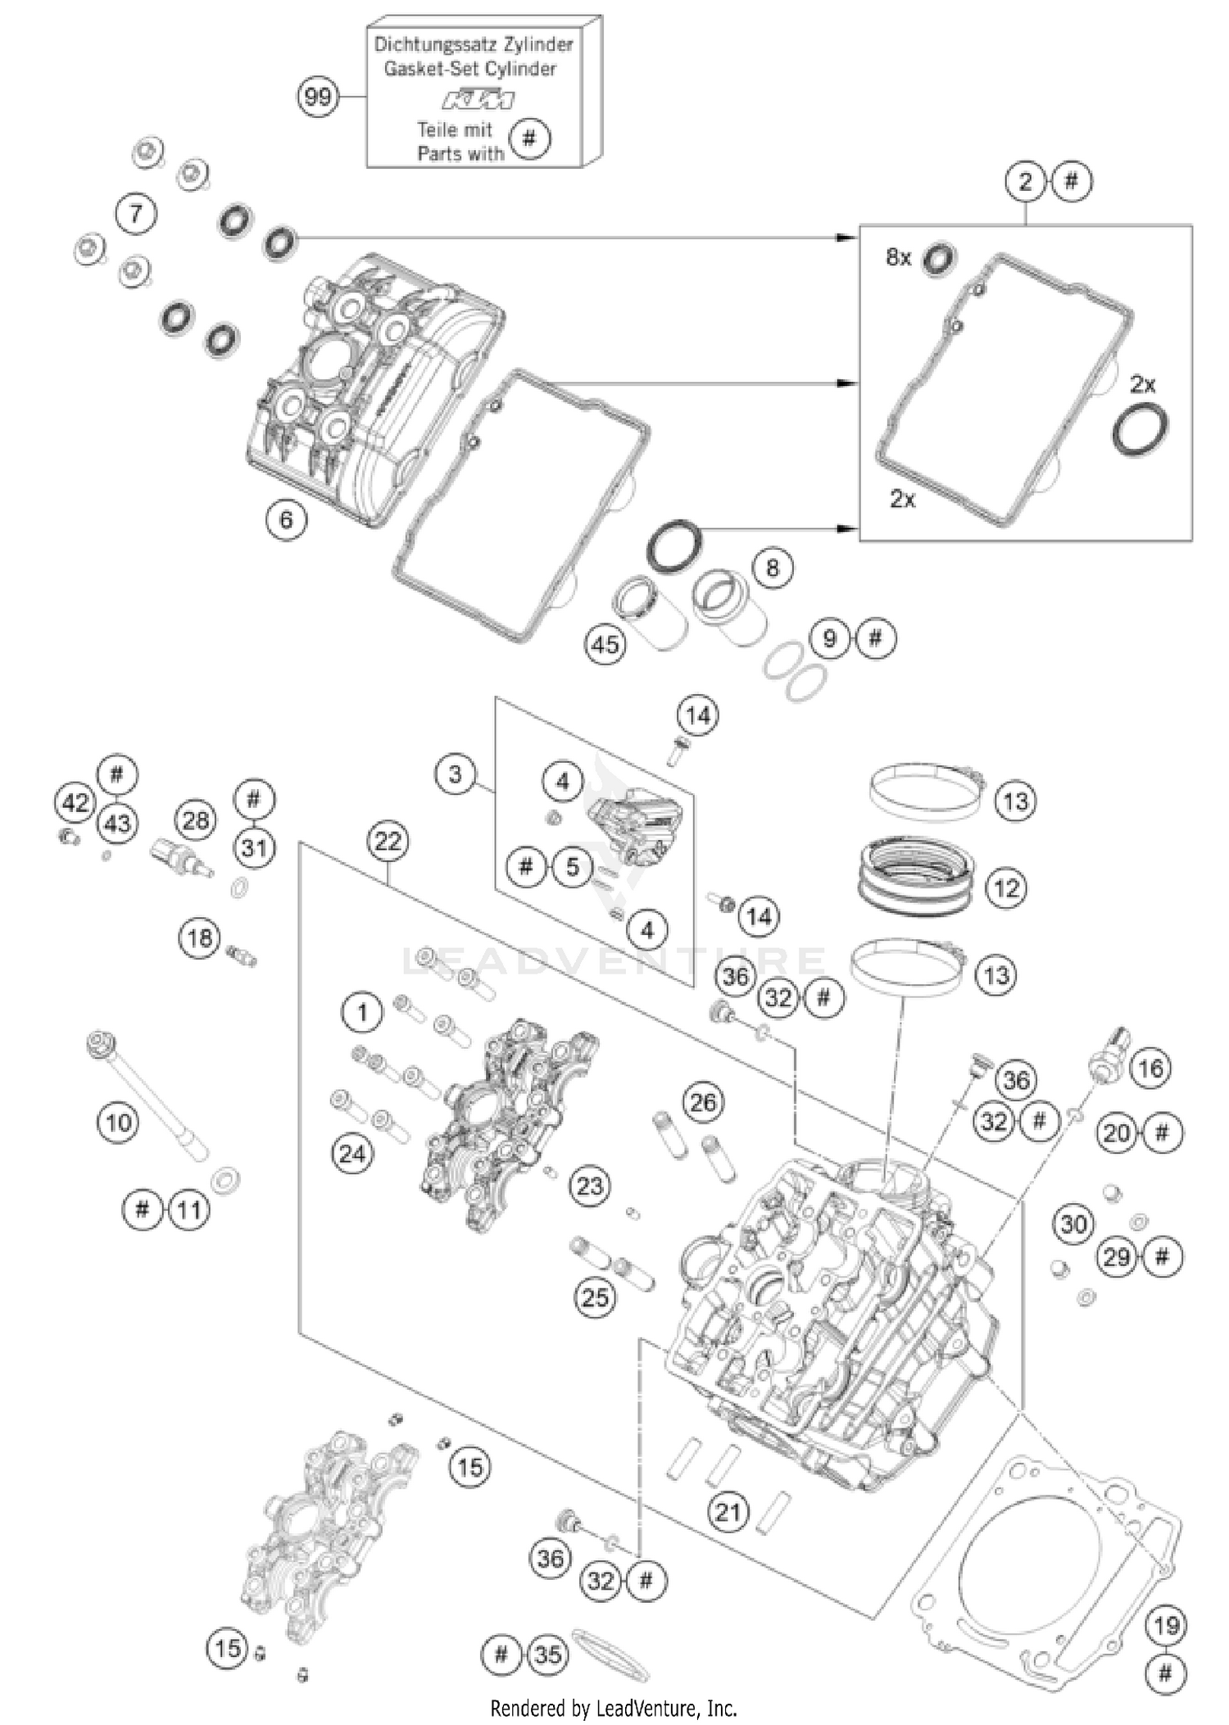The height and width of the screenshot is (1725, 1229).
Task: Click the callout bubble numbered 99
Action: tap(317, 98)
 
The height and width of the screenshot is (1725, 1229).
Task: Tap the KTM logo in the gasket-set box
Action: tap(478, 100)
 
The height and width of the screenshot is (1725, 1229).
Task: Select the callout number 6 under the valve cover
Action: tap(286, 520)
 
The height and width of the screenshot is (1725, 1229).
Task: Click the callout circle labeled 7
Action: tap(135, 214)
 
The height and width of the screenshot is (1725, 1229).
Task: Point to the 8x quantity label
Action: tap(898, 257)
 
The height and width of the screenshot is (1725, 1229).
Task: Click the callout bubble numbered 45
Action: tap(605, 644)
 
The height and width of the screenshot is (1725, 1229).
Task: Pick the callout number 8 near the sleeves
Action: tap(772, 568)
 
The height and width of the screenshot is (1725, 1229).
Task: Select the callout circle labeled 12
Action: tap(1006, 888)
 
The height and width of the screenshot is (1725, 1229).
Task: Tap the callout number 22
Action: tap(388, 842)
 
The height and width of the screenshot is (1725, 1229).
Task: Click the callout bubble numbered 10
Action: tap(118, 1122)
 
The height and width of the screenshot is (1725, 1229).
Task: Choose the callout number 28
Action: tap(195, 819)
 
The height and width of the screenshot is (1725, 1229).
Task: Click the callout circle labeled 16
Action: tap(1150, 1068)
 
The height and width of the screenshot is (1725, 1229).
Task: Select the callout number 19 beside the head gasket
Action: tap(1165, 1625)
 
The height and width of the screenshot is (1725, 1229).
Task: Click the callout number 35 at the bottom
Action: tap(547, 1655)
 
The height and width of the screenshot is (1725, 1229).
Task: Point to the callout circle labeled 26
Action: tap(702, 1102)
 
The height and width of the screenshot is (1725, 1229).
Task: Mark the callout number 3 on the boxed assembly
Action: tap(456, 774)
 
